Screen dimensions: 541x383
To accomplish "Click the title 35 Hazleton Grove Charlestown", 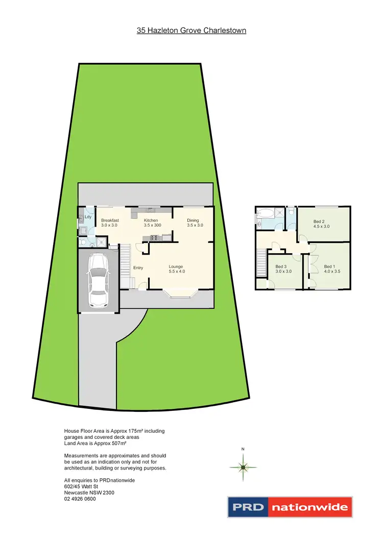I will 192,31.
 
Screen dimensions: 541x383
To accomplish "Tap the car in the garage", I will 98,280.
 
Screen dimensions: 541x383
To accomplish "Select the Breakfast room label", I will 109,220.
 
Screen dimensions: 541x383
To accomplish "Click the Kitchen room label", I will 151,220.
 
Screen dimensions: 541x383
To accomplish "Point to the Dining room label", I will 193,220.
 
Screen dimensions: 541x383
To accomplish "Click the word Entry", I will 138,268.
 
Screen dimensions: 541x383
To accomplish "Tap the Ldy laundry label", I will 88,217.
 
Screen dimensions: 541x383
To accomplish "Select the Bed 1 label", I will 329,266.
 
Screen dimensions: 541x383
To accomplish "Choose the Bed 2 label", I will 319,222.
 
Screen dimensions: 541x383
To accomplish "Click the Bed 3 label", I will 281,266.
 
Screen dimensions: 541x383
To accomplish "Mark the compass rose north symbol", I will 244,466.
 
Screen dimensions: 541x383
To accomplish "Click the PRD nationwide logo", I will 290,507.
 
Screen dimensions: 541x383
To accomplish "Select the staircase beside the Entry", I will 125,265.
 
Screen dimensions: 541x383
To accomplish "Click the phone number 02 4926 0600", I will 80,499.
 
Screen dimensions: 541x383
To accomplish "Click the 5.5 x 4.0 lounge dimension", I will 177,272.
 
